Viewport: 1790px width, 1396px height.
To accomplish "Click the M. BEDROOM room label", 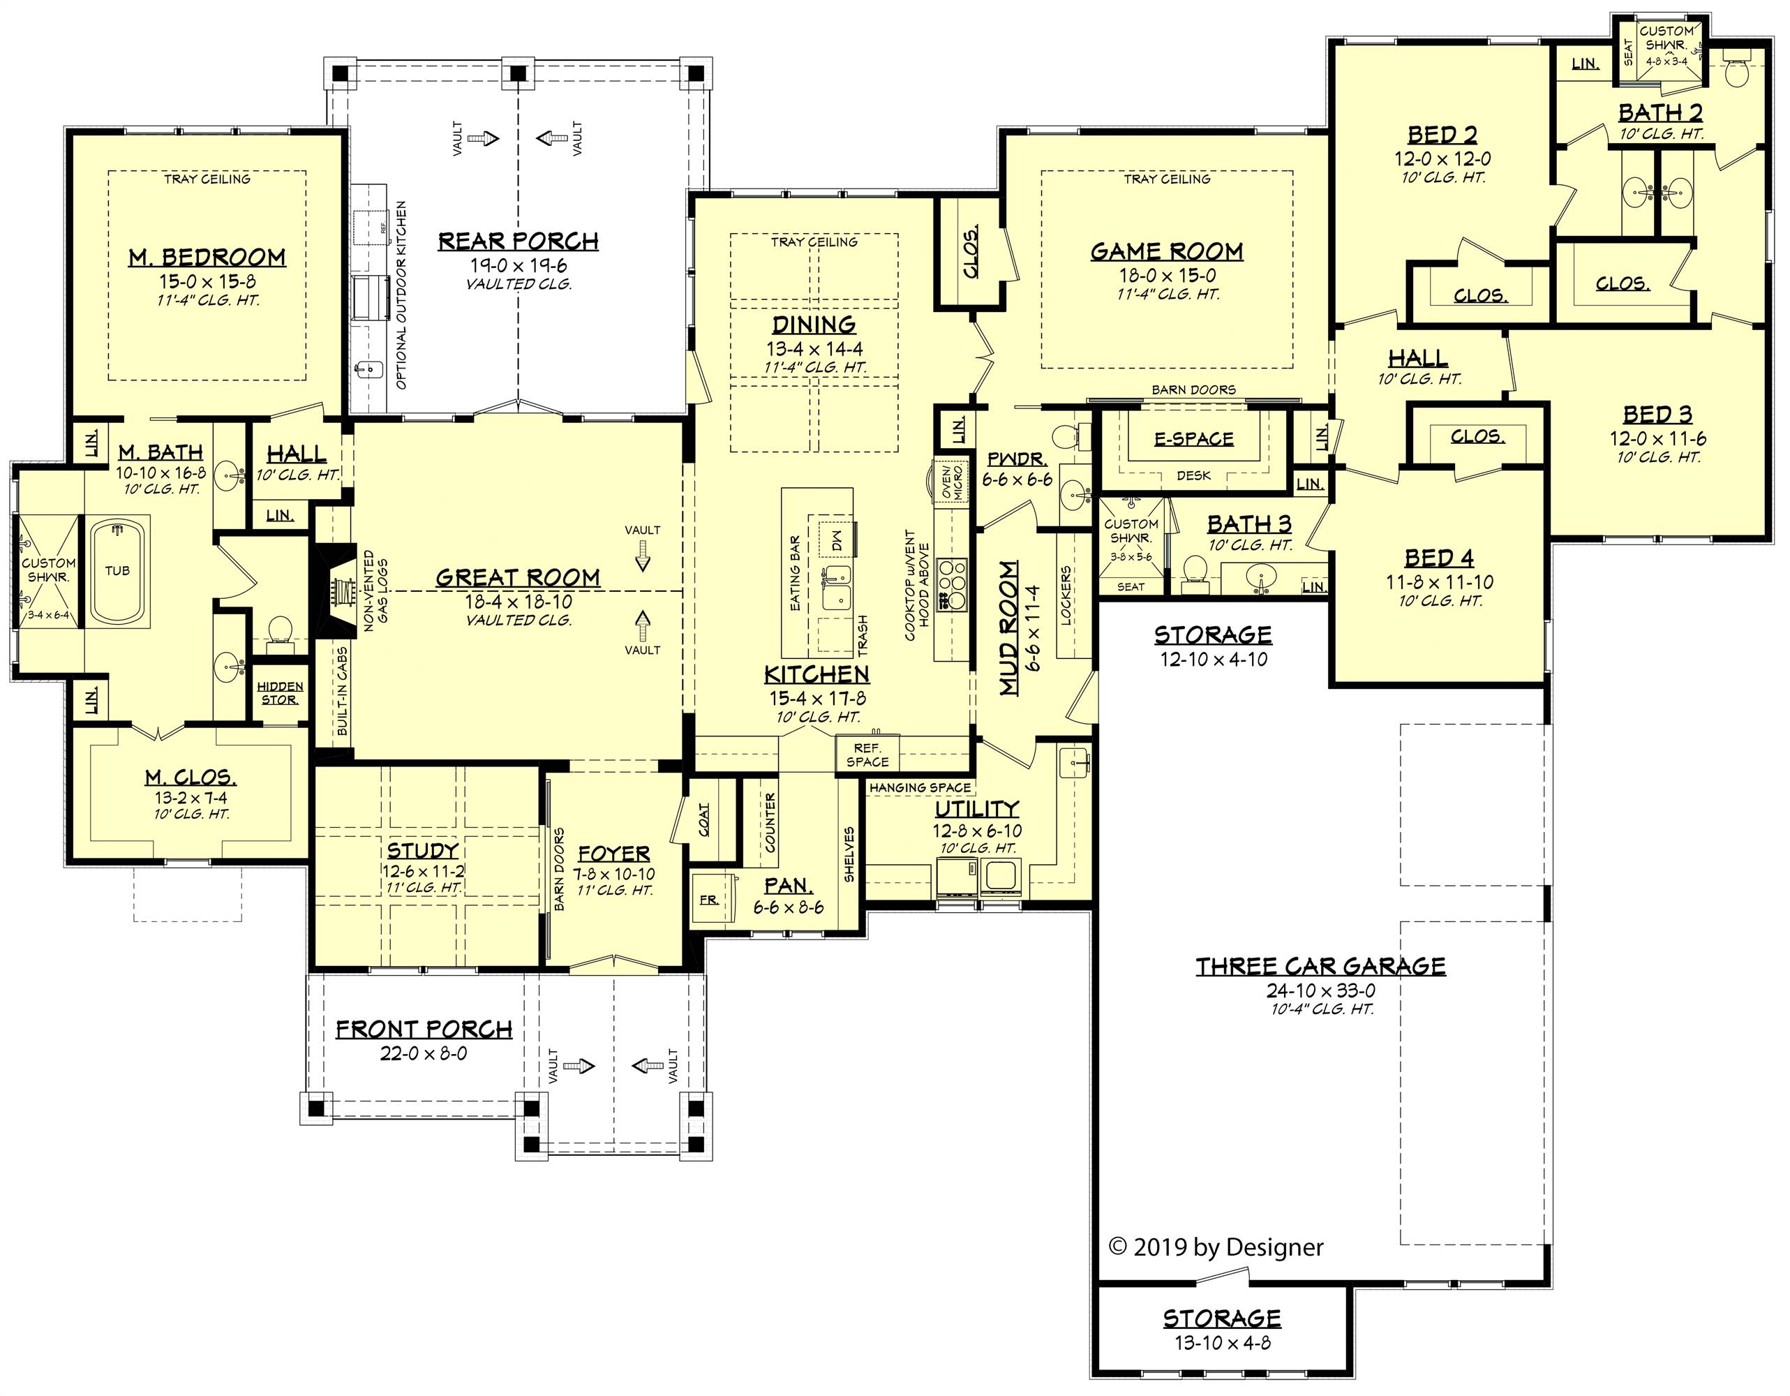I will click(207, 258).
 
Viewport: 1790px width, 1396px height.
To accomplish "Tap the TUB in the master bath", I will click(118, 570).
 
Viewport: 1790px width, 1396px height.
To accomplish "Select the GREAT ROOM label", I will click(517, 578).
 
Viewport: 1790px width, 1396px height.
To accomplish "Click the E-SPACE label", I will click(1193, 439).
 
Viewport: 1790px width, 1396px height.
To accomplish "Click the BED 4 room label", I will click(1438, 558).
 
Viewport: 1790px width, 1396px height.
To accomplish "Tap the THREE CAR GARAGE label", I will click(1320, 967).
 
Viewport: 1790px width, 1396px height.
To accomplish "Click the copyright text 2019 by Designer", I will click(1216, 1247).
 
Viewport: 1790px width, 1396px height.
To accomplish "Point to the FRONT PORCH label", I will click(424, 1030).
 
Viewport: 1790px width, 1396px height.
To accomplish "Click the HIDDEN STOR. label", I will click(279, 692).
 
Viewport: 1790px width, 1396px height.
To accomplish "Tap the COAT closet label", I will click(705, 819).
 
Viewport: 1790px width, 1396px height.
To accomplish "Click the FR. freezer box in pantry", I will click(710, 899).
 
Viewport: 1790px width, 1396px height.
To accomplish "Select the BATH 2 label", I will click(1660, 113).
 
